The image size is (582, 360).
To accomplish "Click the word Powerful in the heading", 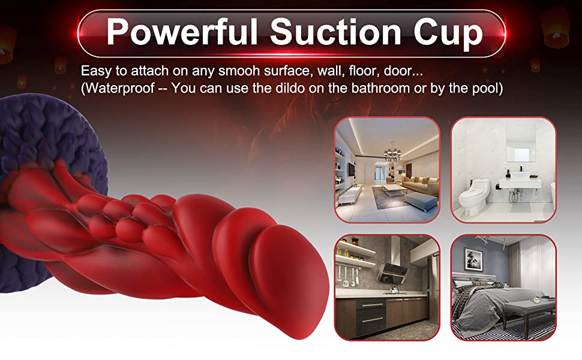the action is pos(182,32).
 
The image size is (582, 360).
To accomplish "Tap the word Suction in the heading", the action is pos(335,32).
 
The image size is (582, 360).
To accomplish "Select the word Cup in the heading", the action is pos(448,34).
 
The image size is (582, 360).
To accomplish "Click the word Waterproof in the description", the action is pos(119,88).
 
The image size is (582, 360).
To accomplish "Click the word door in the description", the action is pos(398,71).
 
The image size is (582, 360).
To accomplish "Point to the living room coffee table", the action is pos(395,190).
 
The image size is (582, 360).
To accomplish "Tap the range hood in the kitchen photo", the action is pos(393,267).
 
